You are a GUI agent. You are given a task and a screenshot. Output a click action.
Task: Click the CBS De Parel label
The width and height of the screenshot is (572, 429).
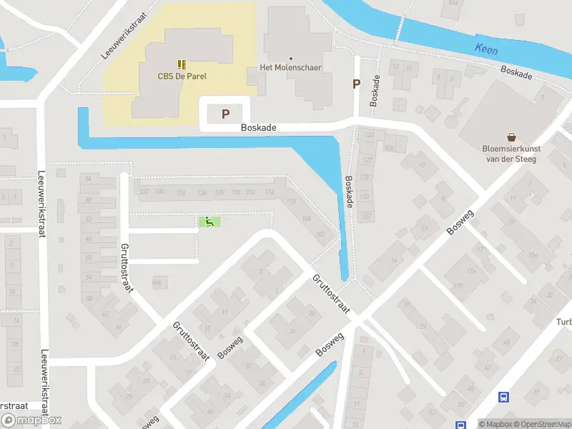click(182, 77)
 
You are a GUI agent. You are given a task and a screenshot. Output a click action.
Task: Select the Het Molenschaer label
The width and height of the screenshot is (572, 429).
click(290, 68)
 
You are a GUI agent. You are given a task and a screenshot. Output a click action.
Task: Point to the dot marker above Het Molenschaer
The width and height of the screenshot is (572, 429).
click(290, 58)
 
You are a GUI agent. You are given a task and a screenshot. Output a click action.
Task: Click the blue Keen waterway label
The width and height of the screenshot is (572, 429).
click(485, 49)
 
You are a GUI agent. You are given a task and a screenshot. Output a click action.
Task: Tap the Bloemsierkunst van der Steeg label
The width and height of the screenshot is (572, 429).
click(511, 154)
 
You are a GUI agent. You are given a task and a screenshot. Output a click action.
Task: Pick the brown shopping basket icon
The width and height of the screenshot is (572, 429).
click(512, 137)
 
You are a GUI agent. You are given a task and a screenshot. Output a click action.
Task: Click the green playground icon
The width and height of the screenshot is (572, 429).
click(209, 222)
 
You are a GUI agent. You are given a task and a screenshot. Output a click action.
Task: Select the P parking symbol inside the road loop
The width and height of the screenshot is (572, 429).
click(226, 114)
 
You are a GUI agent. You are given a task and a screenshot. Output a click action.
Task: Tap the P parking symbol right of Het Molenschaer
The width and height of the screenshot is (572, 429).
click(355, 84)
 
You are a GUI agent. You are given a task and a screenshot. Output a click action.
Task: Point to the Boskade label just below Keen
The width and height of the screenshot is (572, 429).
click(517, 74)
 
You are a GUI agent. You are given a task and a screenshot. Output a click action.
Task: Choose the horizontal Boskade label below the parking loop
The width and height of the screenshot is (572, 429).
click(258, 128)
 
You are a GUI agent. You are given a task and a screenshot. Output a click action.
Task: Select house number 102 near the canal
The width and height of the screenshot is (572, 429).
click(320, 234)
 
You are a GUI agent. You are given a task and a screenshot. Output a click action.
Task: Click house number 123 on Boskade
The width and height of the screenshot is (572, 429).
click(370, 134)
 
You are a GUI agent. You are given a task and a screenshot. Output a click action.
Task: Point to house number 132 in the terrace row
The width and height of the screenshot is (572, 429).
click(144, 192)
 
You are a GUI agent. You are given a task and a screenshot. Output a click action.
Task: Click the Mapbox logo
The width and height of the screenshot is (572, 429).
click(31, 420)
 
